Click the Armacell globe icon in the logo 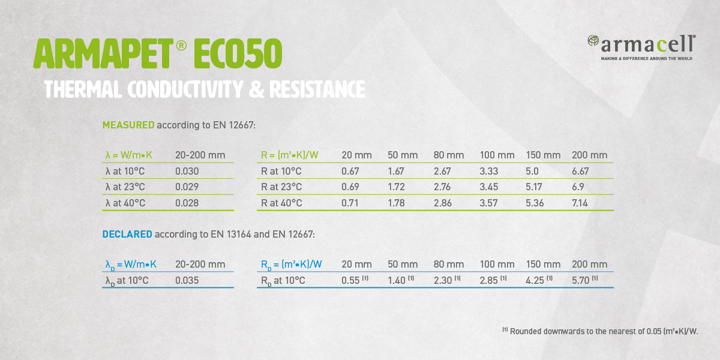point(593,41)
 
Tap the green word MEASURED point(128,125)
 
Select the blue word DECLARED point(127,234)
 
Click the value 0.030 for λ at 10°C point(187,171)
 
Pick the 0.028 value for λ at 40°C point(187,203)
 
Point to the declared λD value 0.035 point(187,280)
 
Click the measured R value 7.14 point(580,203)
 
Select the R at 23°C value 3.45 point(488,187)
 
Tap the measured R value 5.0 point(532,171)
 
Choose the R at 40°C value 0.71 point(350,203)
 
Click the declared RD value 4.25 point(535,280)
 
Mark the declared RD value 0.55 point(350,280)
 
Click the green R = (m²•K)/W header point(290,155)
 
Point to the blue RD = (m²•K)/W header point(291,265)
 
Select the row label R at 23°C point(281,187)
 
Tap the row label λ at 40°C point(125,203)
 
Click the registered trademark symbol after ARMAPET point(181,45)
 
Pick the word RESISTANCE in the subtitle point(317,89)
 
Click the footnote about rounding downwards point(600,331)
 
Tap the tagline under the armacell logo point(646,59)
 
